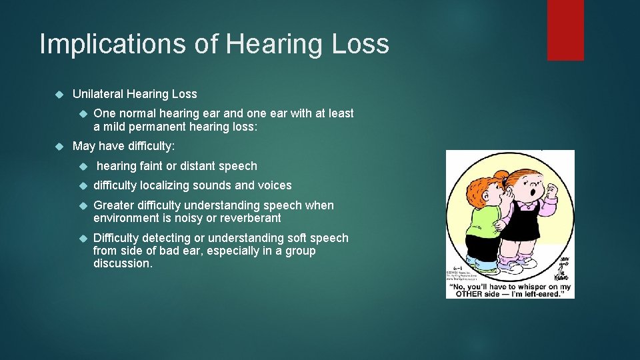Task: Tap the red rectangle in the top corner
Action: coord(565,30)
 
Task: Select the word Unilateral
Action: coord(97,94)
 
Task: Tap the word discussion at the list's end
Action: coord(123,263)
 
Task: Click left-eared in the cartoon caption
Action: coord(545,293)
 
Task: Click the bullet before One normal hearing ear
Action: coord(83,114)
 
